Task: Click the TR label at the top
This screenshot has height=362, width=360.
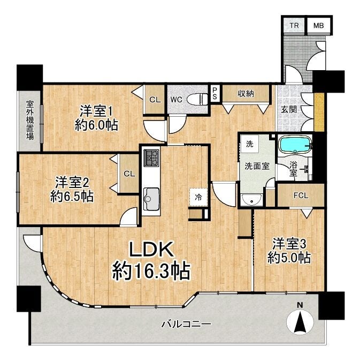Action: coord(294,25)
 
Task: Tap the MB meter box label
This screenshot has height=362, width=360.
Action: coord(318,25)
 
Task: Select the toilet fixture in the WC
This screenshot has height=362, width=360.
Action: coord(197,100)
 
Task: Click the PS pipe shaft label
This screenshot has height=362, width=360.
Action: coord(215,94)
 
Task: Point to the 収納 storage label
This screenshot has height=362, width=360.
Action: coord(246,93)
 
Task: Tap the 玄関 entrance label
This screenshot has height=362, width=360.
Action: coord(289,109)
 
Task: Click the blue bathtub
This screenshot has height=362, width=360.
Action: coord(295,145)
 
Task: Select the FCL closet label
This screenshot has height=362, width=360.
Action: coord(301,196)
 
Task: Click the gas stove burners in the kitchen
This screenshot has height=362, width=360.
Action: coord(151,158)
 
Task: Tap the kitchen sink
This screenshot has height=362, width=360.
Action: coord(151,199)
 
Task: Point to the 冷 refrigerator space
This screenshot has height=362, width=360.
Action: coord(198,197)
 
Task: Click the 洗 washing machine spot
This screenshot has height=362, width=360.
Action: coord(249,144)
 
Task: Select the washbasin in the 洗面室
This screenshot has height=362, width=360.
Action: coord(251,200)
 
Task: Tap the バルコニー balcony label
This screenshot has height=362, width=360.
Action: coord(186,325)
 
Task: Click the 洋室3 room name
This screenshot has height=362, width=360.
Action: coord(289,244)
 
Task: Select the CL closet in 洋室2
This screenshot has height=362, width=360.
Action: coord(129,174)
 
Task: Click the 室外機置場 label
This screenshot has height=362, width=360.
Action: coord(29,120)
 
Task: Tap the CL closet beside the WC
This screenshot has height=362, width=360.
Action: coord(155,100)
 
